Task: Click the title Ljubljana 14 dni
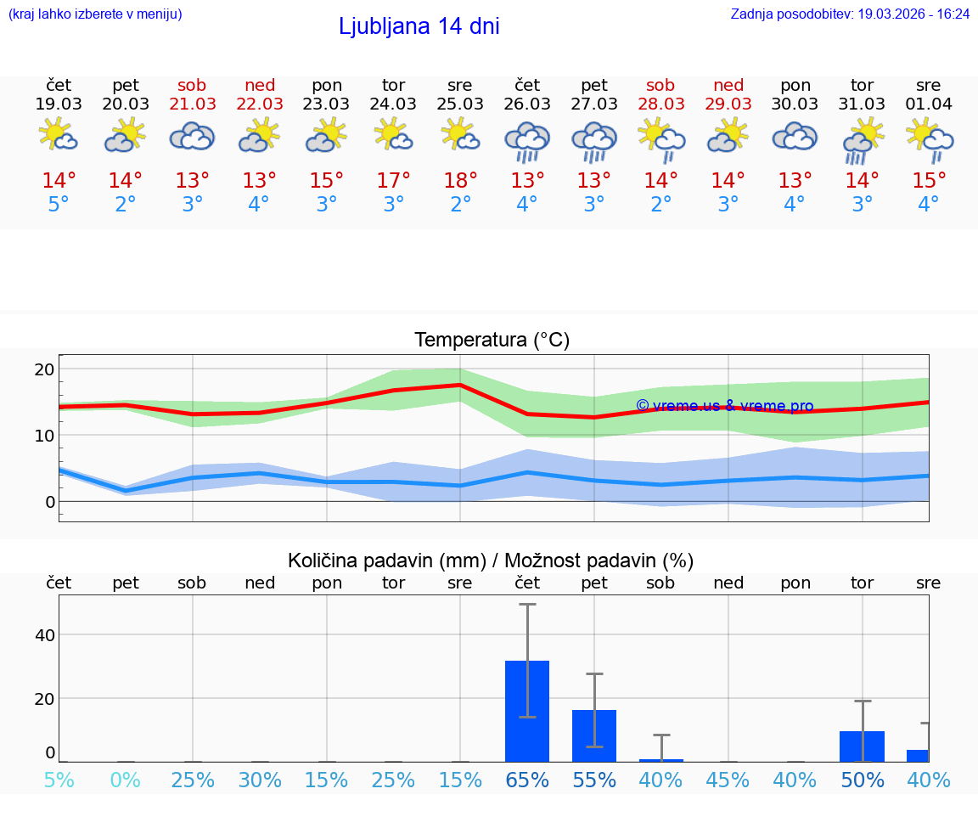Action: pyautogui.click(x=419, y=26)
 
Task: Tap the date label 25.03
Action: pyautogui.click(x=460, y=104)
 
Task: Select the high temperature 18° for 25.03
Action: pyautogui.click(x=460, y=181)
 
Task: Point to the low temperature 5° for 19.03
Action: pyautogui.click(x=59, y=205)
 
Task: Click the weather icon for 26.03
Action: pyautogui.click(x=527, y=139)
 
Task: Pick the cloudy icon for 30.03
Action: pyautogui.click(x=795, y=137)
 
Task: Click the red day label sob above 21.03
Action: pyautogui.click(x=192, y=85)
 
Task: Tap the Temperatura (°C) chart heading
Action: pyautogui.click(x=492, y=341)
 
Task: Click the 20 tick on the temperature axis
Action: pyautogui.click(x=44, y=369)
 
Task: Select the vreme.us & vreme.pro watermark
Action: pyautogui.click(x=725, y=406)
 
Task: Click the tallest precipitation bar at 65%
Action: pyautogui.click(x=527, y=712)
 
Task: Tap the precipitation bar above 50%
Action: pyautogui.click(x=862, y=746)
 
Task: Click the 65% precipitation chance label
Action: pyautogui.click(x=527, y=780)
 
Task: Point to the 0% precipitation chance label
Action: pyautogui.click(x=126, y=780)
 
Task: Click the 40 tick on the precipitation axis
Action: pyautogui.click(x=44, y=635)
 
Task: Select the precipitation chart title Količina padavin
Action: pyautogui.click(x=386, y=560)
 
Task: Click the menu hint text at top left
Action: pyautogui.click(x=95, y=14)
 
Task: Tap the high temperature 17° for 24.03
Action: pyautogui.click(x=393, y=181)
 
